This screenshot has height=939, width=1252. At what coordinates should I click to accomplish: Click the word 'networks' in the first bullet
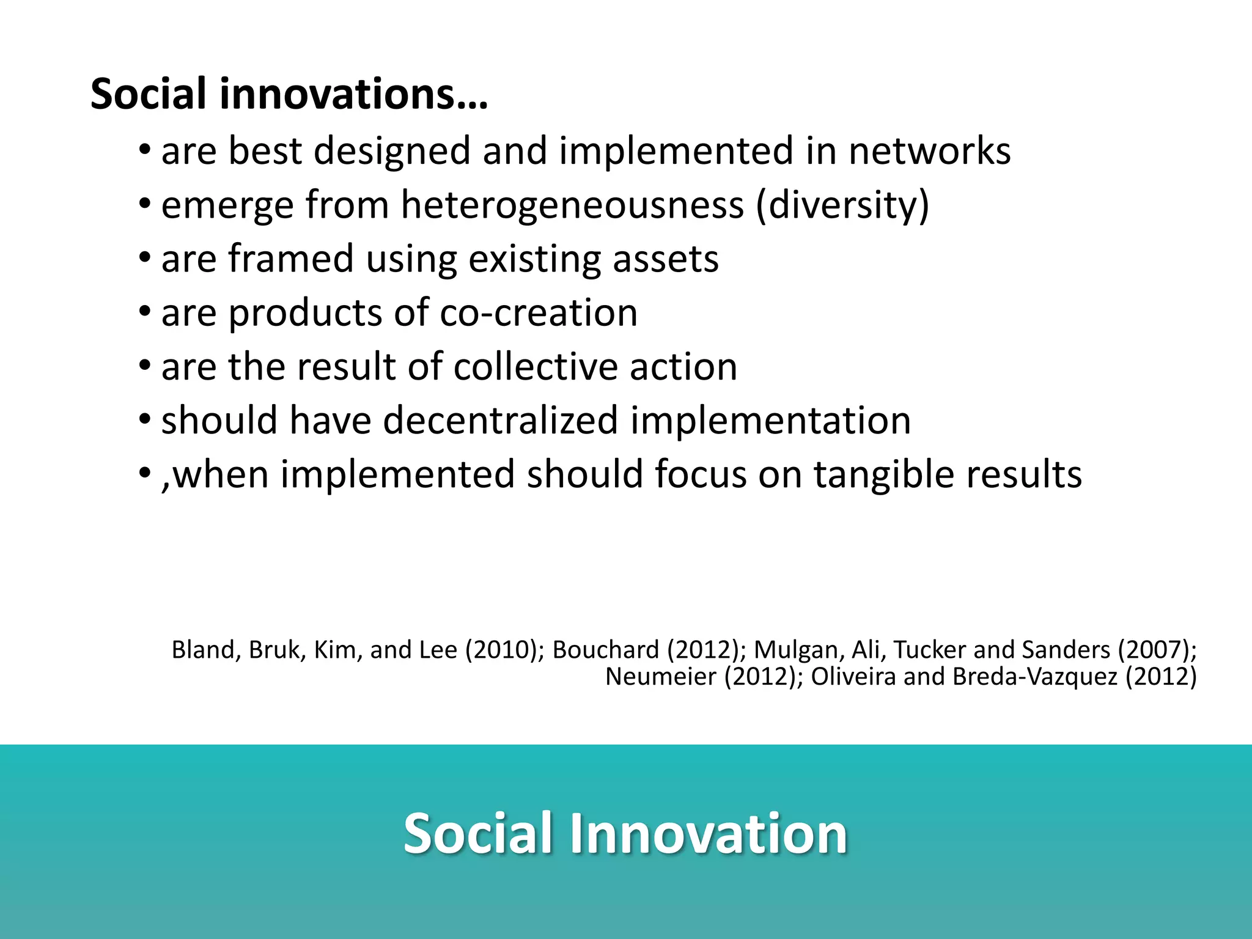point(929,152)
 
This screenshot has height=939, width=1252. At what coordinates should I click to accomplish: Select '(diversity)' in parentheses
point(842,205)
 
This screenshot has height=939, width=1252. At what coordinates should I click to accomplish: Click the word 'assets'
point(665,259)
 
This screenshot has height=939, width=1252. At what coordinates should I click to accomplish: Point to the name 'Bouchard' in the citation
point(605,650)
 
